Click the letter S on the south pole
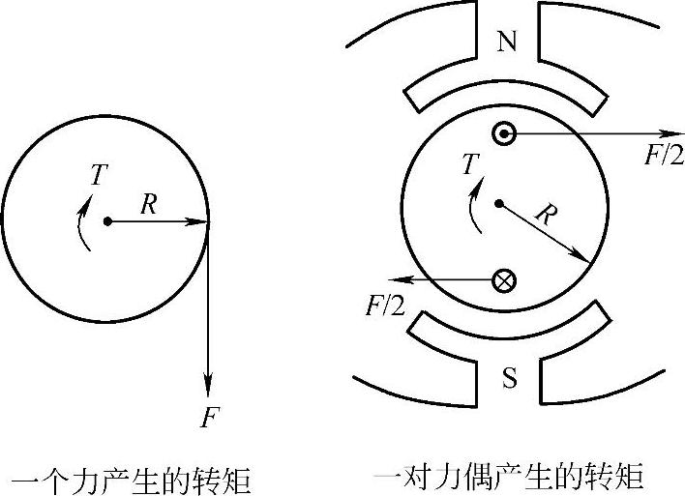point(509,378)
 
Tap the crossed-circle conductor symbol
point(504,280)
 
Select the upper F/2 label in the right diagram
point(663,155)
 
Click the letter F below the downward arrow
point(210,418)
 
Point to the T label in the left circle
point(98,174)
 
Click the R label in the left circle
point(148,204)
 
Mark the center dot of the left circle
point(107,221)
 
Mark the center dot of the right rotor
point(498,203)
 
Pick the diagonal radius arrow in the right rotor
point(544,233)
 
